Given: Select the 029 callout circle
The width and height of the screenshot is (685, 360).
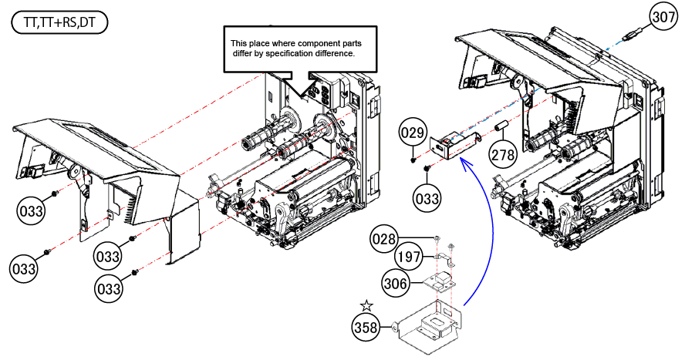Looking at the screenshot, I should [x=412, y=133].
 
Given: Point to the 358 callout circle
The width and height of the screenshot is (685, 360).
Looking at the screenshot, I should [x=368, y=327].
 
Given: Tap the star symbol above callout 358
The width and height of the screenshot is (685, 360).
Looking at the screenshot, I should [x=367, y=307].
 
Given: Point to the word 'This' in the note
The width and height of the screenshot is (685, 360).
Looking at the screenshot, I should [x=240, y=43].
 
